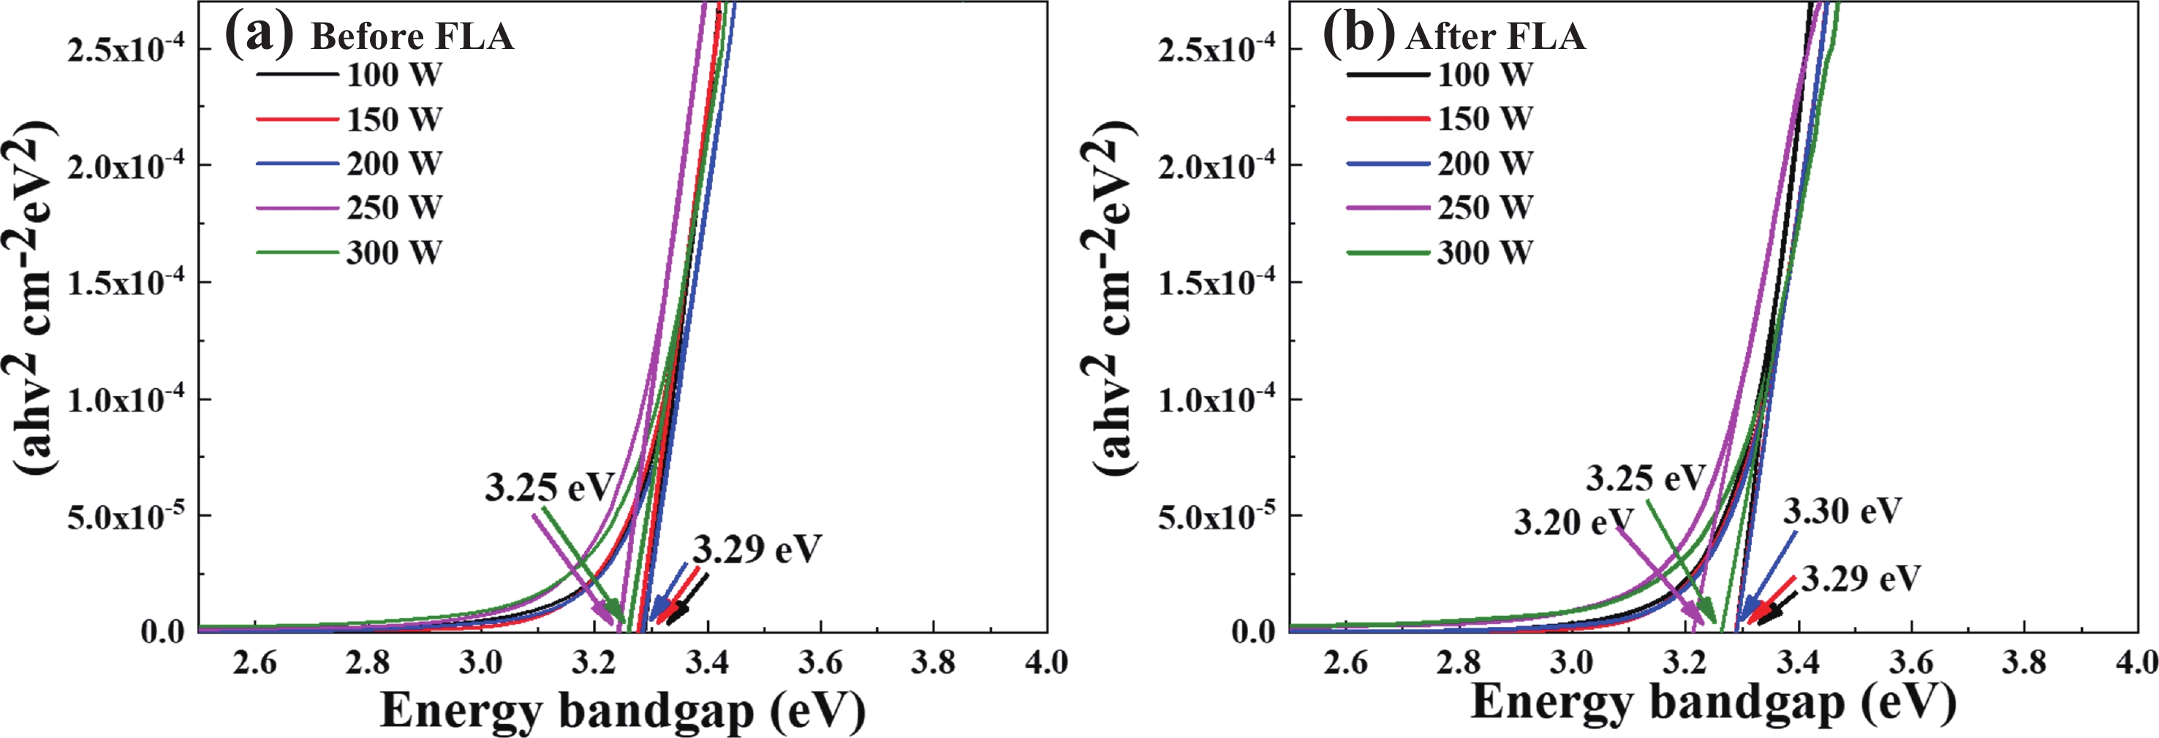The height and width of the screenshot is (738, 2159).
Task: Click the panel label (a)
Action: click(x=259, y=34)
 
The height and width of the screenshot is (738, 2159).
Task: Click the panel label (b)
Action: click(x=1358, y=34)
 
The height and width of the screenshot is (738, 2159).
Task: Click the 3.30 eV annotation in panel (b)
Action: click(x=1842, y=511)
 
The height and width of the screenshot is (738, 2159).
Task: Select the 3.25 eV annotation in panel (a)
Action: click(x=549, y=488)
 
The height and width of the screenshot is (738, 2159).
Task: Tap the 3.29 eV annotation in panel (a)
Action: click(x=757, y=550)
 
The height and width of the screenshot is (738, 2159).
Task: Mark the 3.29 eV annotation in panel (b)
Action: click(x=1861, y=579)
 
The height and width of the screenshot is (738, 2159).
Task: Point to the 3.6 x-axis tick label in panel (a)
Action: click(x=820, y=663)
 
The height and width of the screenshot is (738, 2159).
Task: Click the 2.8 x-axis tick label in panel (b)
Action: click(x=1459, y=663)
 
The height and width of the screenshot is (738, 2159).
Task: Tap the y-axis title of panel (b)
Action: click(x=1115, y=297)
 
